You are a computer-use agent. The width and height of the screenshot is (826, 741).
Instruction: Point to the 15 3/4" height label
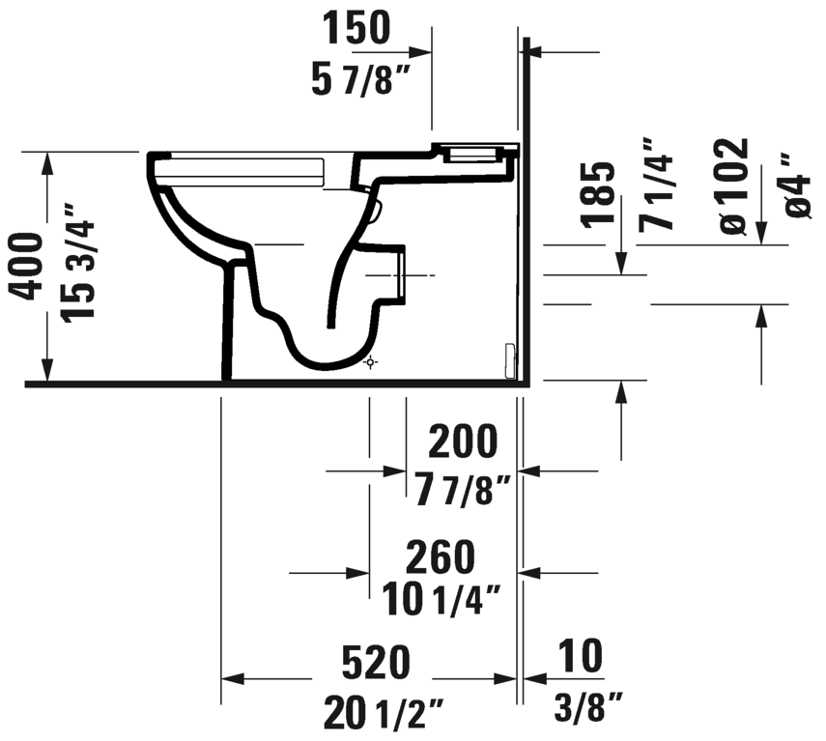click(81, 263)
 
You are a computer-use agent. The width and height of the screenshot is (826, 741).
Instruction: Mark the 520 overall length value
click(376, 664)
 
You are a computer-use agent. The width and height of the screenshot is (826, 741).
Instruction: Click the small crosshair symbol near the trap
click(370, 362)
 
